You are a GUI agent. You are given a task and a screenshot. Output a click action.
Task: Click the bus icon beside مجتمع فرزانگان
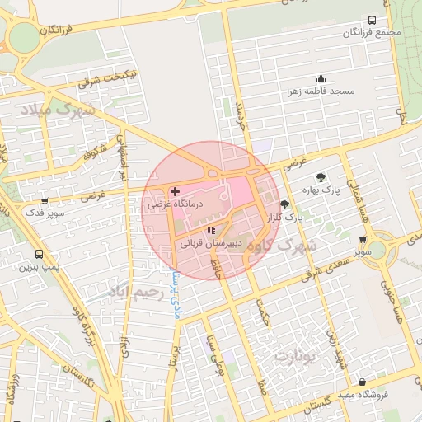(x=372, y=20)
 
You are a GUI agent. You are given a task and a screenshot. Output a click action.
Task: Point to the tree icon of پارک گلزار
(x=284, y=204)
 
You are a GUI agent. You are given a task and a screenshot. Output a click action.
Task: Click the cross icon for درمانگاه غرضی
(x=175, y=191)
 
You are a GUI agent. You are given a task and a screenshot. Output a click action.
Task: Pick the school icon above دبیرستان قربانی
(x=210, y=231)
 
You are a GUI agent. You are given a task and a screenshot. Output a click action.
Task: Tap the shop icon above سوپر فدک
(x=44, y=200)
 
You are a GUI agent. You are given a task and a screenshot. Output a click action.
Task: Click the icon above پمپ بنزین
(x=39, y=255)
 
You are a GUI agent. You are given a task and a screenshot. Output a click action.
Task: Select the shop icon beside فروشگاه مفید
(x=363, y=382)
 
